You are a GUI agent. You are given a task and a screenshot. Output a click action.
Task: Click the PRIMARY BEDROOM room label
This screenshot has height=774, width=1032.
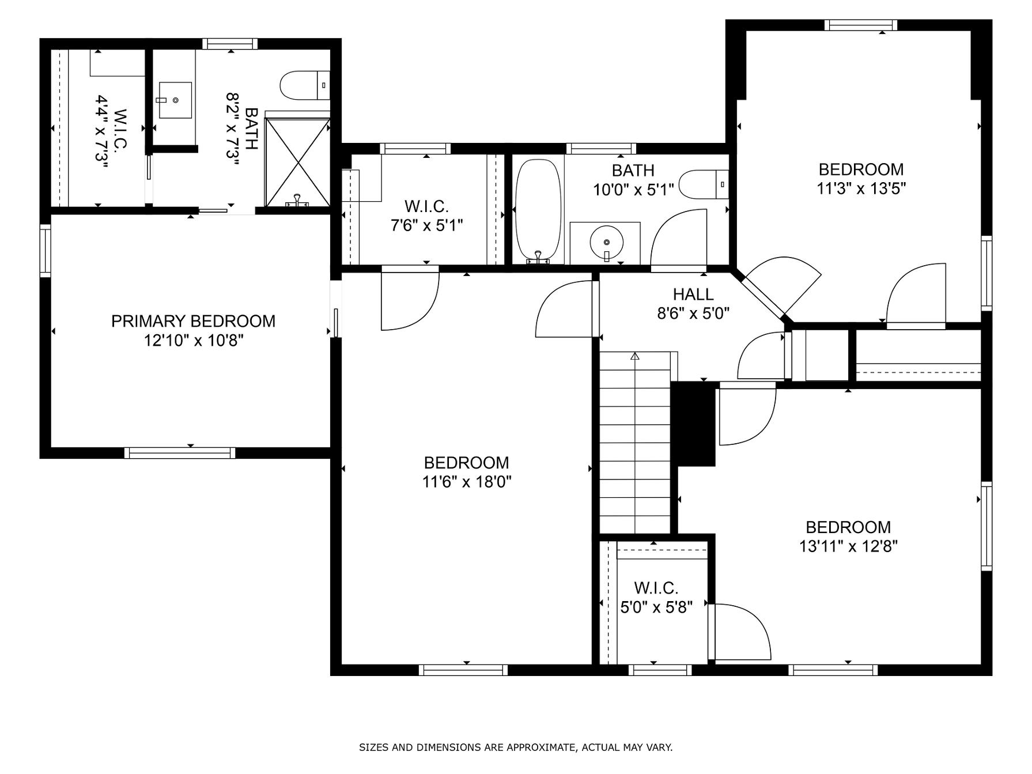pyautogui.click(x=193, y=321)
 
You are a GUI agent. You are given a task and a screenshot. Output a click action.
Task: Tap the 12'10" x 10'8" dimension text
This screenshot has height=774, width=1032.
pyautogui.click(x=194, y=341)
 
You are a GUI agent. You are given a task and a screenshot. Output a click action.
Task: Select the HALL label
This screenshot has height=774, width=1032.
pyautogui.click(x=693, y=295)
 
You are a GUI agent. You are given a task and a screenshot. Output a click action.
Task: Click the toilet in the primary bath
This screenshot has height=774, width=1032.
pyautogui.click(x=305, y=85)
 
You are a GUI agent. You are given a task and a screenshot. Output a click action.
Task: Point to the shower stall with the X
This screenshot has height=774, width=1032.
pyautogui.click(x=297, y=161)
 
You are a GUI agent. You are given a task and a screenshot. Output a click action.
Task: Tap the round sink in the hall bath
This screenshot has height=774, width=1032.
pyautogui.click(x=606, y=242)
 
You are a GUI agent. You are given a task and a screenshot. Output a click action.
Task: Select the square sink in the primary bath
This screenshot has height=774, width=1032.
pyautogui.click(x=175, y=100)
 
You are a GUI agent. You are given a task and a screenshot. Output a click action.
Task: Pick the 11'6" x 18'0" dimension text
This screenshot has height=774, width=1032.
pyautogui.click(x=467, y=482)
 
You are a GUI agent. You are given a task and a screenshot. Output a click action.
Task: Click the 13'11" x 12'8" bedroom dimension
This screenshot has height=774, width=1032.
pyautogui.click(x=848, y=546)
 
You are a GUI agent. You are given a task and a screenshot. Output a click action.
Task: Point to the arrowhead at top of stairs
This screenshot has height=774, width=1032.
pyautogui.click(x=635, y=356)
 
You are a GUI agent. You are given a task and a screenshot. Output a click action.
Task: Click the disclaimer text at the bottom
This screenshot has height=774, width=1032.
pyautogui.click(x=516, y=747)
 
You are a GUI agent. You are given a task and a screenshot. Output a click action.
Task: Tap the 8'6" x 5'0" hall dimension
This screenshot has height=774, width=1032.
pyautogui.click(x=693, y=314)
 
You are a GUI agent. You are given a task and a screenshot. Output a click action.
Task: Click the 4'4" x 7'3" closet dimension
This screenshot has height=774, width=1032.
pyautogui.click(x=102, y=132)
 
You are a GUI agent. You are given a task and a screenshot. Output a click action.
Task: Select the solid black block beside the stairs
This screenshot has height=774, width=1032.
pyautogui.click(x=694, y=424)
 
